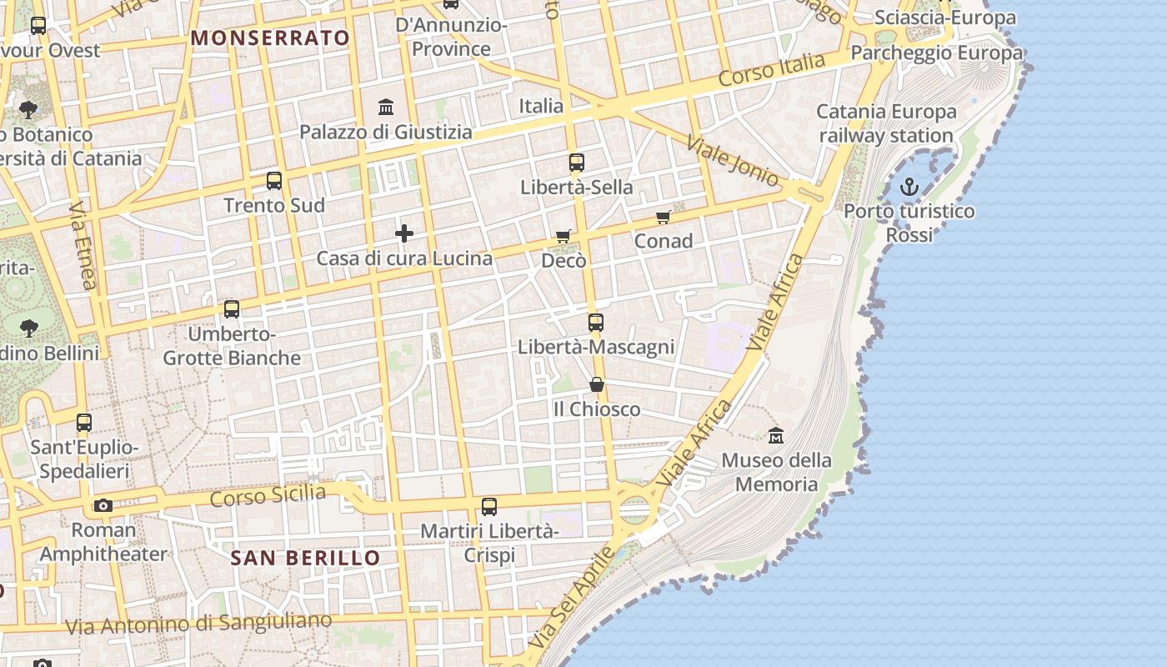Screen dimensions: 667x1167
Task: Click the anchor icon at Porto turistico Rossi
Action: pos(909,187)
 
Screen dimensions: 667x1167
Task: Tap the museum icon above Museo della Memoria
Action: pos(776,435)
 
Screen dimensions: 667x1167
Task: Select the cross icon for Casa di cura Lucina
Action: pos(404,233)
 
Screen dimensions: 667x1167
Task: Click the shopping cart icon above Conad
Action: pos(663,218)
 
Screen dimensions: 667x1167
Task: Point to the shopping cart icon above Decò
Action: pos(563,237)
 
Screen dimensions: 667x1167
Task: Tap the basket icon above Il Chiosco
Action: pos(597,384)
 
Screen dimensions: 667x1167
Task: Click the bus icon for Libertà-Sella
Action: pos(576,163)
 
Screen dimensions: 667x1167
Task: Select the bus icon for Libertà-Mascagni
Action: pos(595,322)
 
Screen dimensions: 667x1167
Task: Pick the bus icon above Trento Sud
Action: pos(273,180)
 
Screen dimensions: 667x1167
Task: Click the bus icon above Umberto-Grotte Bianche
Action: pos(231,309)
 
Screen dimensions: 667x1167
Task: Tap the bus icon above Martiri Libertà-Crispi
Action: pos(489,506)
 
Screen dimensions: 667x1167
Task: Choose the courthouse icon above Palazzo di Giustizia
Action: pos(386,107)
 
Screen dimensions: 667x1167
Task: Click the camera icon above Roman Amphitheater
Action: pos(103,505)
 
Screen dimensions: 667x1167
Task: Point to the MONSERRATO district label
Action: pos(270,38)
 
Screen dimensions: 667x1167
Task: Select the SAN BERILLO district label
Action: pos(305,558)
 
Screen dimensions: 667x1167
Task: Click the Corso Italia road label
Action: pos(771,69)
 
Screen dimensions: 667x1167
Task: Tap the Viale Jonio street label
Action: pos(733,160)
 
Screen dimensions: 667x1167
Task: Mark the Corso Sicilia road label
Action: pos(268,495)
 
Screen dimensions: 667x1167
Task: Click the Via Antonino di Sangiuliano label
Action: pos(198,623)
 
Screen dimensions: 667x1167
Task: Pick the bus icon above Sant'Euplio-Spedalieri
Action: pos(83,423)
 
